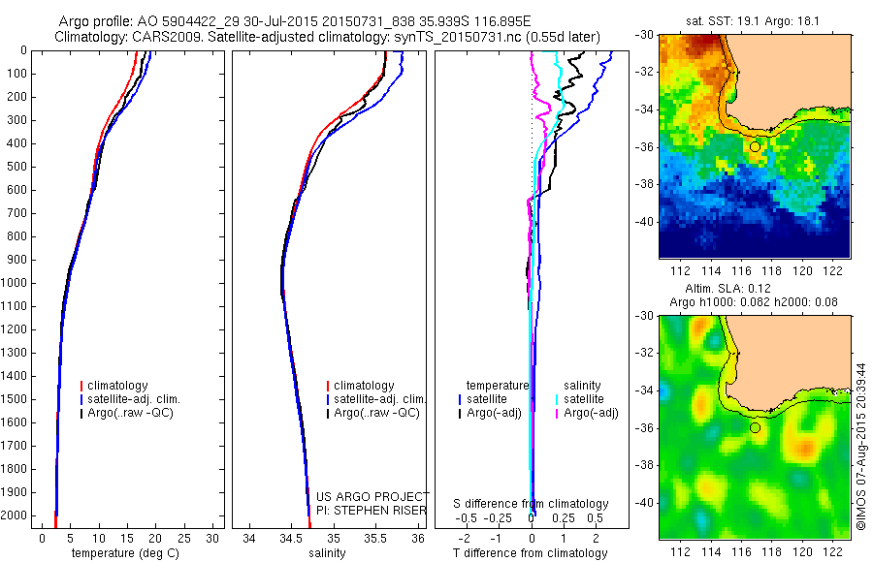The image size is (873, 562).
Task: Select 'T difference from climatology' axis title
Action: (x=533, y=553)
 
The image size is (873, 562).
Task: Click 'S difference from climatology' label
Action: (x=532, y=504)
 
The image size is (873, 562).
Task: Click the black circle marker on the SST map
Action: (x=755, y=146)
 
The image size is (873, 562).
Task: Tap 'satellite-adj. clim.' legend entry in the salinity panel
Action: (x=379, y=399)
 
